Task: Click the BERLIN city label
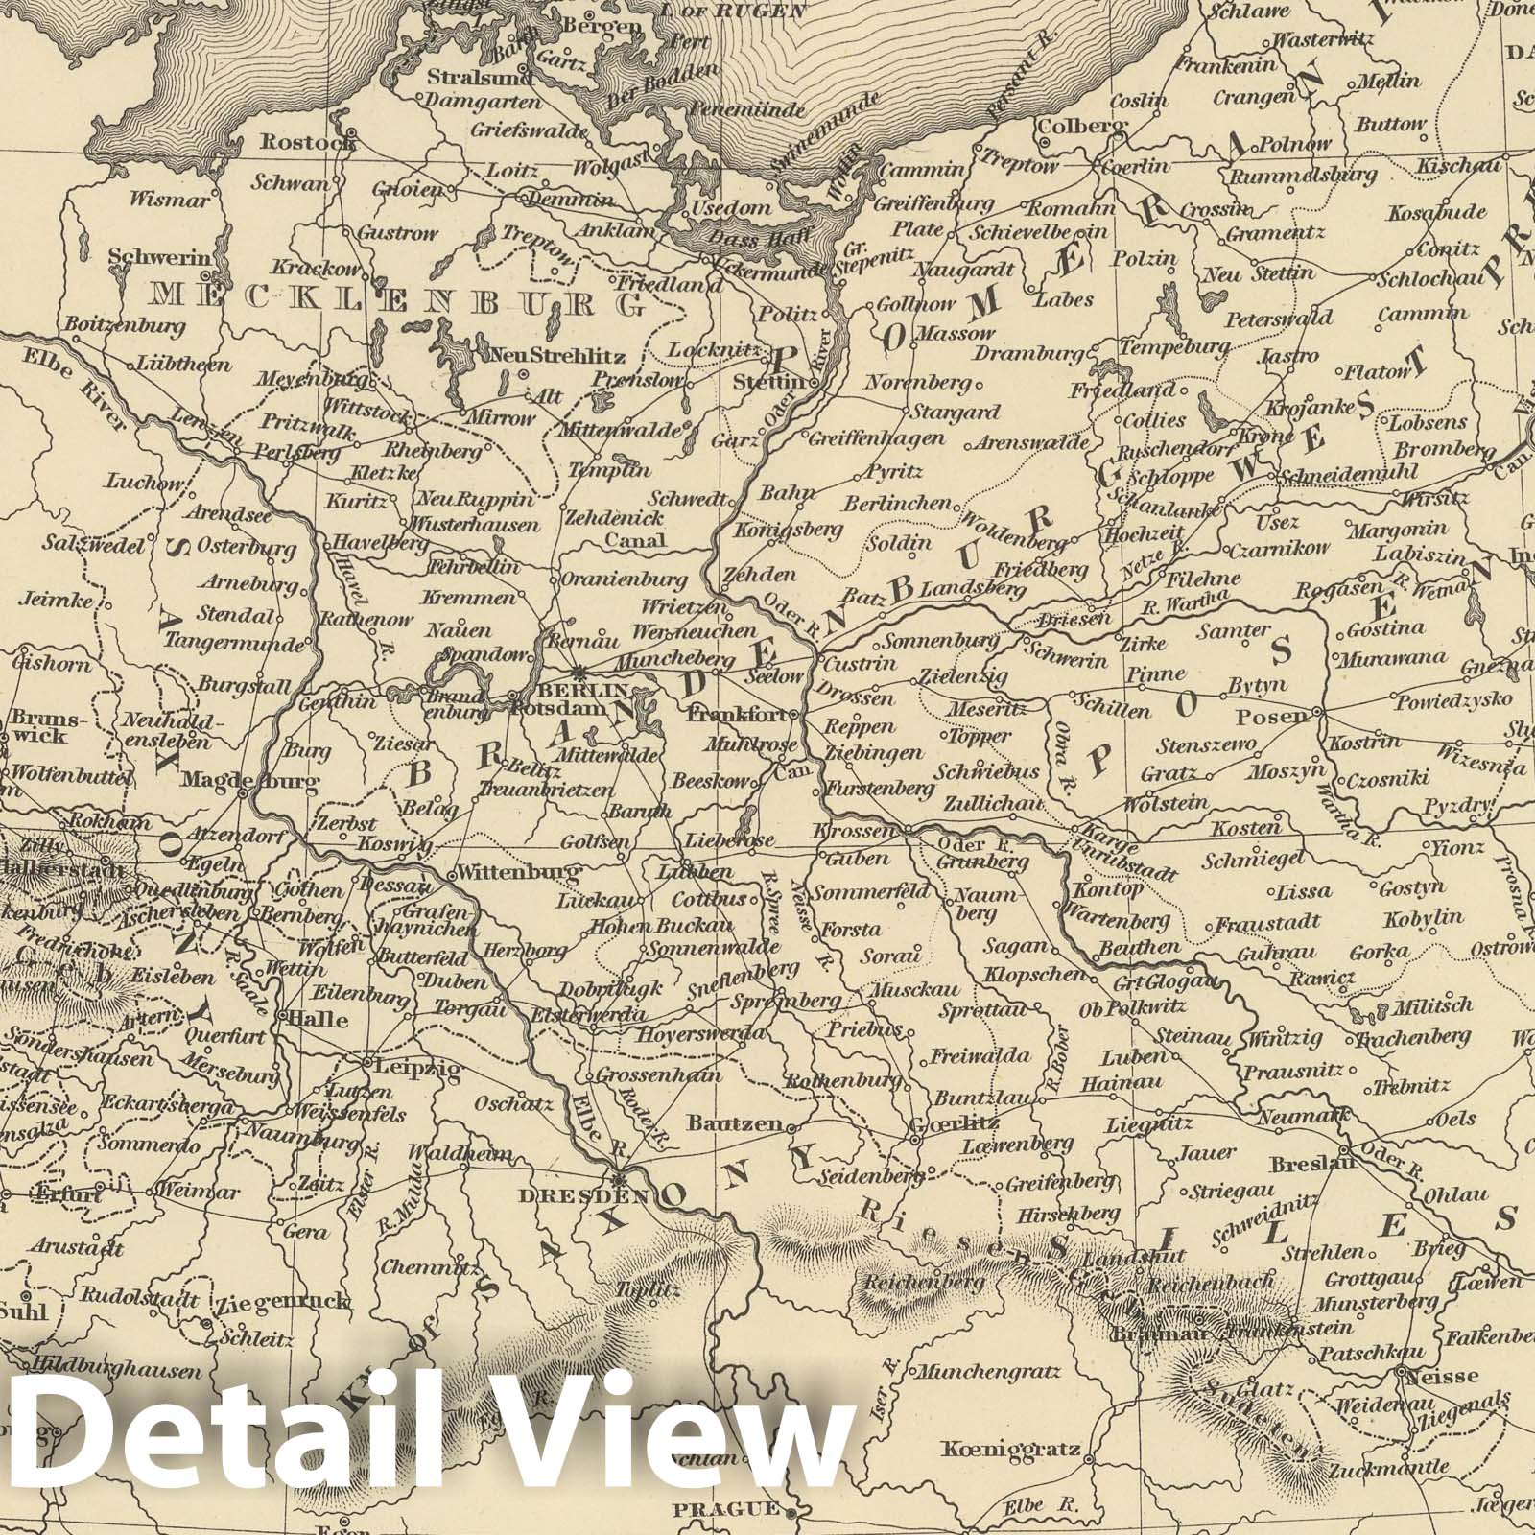(597, 690)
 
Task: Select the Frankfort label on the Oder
(742, 715)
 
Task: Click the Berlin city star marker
(579, 673)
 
